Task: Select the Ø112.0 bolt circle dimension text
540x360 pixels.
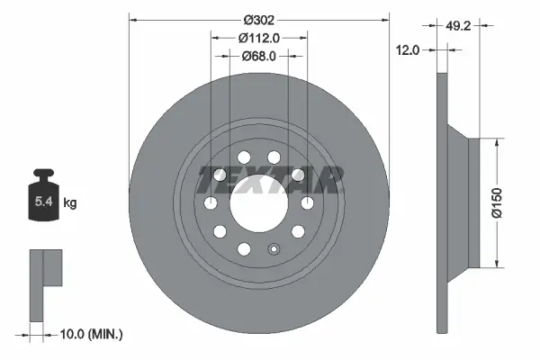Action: click(x=258, y=38)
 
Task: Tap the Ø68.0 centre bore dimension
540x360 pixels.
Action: click(x=258, y=56)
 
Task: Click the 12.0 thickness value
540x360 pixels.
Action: click(x=409, y=51)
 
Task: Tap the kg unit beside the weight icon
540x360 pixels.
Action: click(x=70, y=203)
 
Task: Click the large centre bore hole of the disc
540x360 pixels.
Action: click(x=258, y=203)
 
